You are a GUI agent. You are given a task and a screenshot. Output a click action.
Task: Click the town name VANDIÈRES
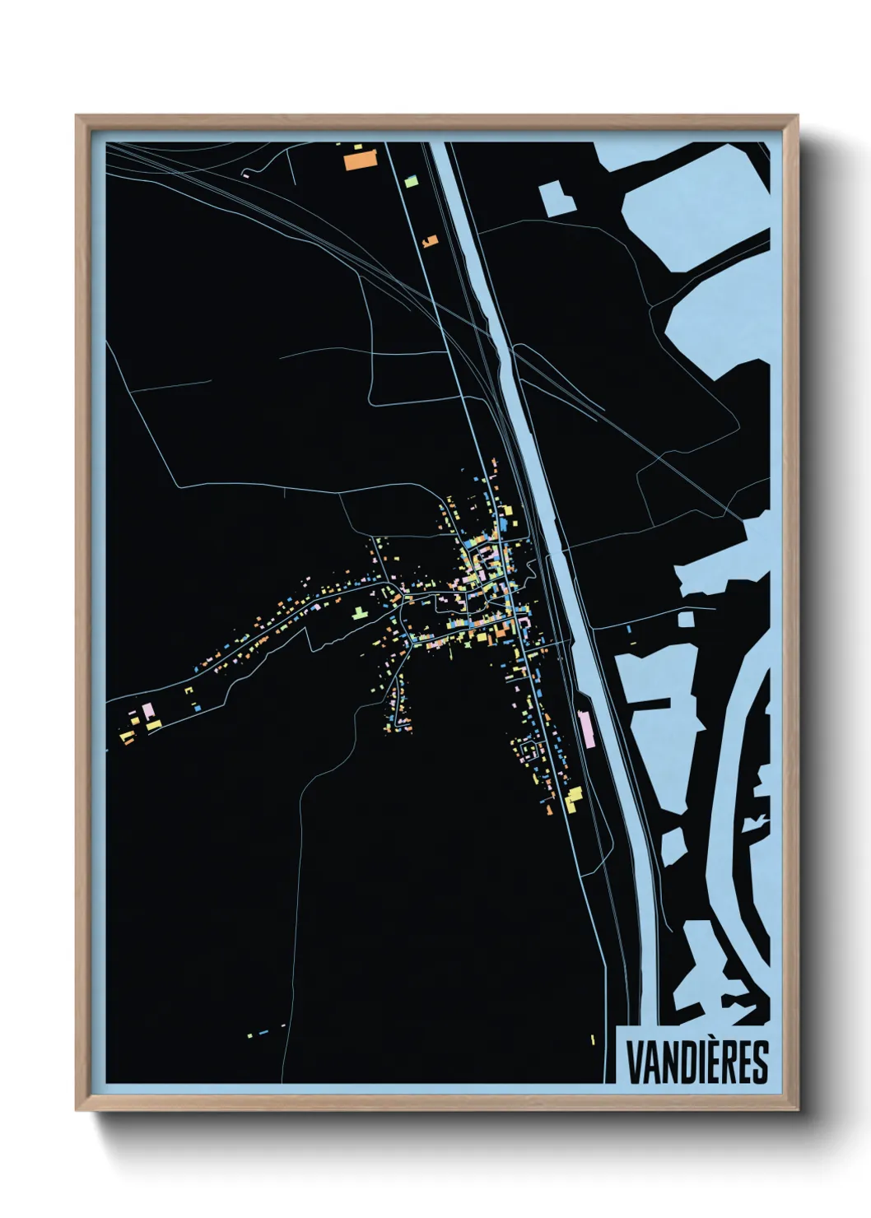tap(696, 1062)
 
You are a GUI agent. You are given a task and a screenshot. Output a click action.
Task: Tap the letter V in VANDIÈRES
tap(636, 1062)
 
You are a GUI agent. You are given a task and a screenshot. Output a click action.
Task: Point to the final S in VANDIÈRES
tap(759, 1062)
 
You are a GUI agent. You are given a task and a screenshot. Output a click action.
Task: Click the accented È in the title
tap(705, 1062)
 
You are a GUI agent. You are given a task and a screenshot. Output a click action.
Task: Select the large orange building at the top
tap(359, 159)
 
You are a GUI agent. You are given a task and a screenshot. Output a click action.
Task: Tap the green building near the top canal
tap(411, 179)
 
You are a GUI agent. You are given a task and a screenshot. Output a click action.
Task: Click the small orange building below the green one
tap(429, 241)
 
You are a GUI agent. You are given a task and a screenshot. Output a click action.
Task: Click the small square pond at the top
tap(557, 198)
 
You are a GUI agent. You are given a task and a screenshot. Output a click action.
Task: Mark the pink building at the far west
tap(148, 709)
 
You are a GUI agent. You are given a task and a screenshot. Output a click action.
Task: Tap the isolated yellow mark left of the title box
tap(592, 1039)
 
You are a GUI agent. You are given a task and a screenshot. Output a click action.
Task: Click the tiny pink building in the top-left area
tap(245, 174)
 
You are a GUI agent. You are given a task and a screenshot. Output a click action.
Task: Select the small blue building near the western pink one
tap(197, 707)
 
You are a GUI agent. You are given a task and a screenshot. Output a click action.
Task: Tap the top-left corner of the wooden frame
tap(77, 116)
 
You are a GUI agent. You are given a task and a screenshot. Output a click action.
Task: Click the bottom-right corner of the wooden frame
tap(798, 1109)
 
